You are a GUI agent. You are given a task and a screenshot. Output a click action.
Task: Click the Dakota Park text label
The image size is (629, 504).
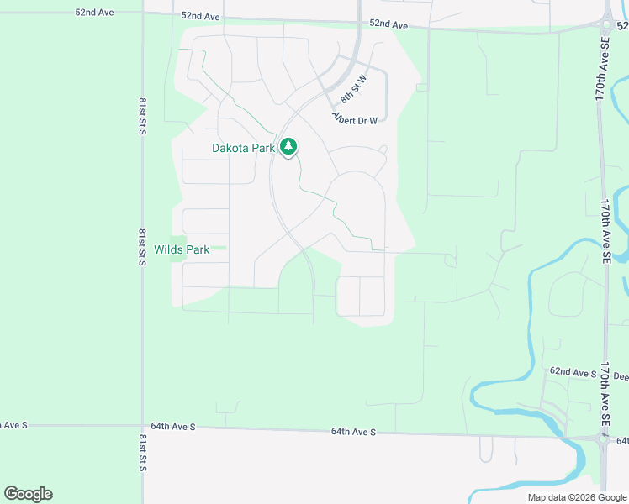243,148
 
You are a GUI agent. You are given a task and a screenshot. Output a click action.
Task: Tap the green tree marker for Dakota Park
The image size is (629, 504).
288,147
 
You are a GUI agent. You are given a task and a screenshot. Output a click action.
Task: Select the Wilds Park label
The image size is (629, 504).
181,249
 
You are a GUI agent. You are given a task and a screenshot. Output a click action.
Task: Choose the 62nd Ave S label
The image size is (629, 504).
573,371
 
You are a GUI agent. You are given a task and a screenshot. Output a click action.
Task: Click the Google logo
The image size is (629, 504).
28,494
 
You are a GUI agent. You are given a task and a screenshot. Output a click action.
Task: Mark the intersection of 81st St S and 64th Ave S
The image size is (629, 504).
142,426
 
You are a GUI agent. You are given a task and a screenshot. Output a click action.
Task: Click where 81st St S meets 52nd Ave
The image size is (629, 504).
142,13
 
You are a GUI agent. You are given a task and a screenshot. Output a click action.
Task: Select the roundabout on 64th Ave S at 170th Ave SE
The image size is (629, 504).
603,437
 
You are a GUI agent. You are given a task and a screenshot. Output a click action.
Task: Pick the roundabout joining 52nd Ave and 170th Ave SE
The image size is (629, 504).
608,22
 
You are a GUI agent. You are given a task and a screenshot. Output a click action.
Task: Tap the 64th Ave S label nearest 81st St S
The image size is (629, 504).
174,427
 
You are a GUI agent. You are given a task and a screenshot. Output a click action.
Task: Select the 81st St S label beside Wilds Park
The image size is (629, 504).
142,244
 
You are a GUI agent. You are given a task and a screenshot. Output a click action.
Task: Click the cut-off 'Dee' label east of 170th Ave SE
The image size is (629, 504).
621,376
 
